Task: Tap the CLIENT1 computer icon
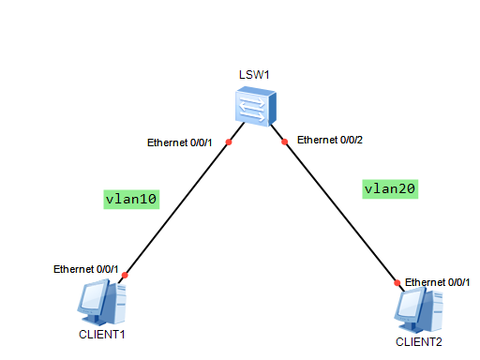tap(102, 304)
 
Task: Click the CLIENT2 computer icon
tap(418, 308)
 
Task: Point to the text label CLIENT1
tap(102, 334)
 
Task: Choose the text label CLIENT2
tap(418, 342)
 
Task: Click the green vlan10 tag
tap(131, 198)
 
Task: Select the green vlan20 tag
tap(389, 188)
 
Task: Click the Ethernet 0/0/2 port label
tap(330, 140)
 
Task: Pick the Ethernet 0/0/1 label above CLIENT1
tap(85, 269)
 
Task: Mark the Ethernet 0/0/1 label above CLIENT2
tap(437, 281)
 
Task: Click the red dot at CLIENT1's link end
tap(124, 276)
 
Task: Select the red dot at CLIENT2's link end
tap(397, 282)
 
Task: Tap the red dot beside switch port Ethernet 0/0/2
tap(283, 142)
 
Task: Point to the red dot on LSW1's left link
tap(228, 142)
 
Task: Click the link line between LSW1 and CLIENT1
tap(176, 209)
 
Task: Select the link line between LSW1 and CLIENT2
tap(339, 212)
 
